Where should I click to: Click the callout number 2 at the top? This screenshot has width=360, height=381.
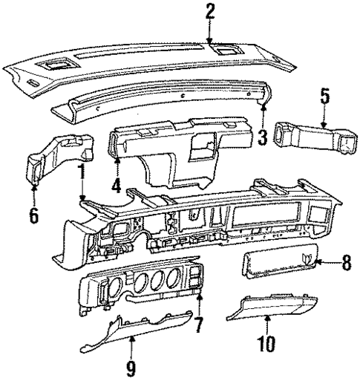click(x=210, y=10)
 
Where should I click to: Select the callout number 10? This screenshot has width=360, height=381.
click(x=266, y=345)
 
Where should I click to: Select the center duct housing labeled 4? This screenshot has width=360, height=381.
click(x=171, y=149)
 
